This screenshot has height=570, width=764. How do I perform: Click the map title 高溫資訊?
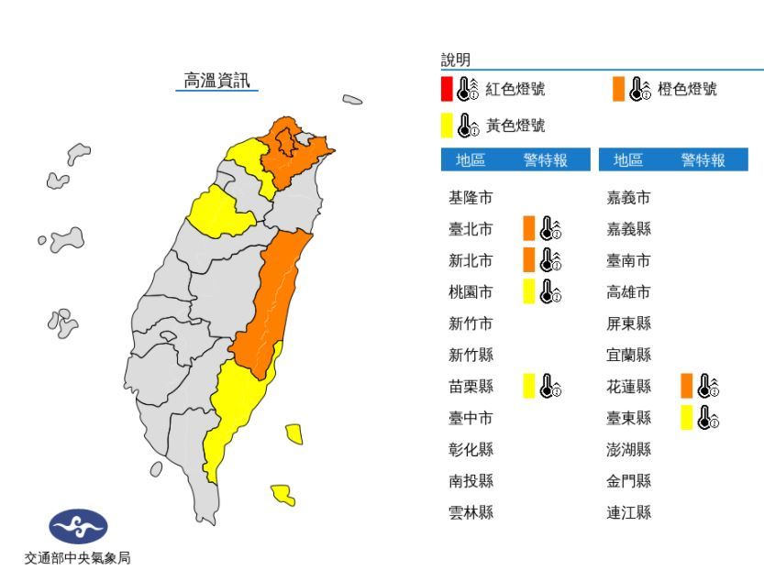coord(216,81)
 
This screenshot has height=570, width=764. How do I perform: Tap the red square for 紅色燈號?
coord(446,89)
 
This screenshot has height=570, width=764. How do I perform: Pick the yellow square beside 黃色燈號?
coord(446,125)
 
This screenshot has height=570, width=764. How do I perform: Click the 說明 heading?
coord(456,60)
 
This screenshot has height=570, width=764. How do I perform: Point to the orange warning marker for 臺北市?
coord(529,228)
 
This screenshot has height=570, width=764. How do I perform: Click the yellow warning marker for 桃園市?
coord(529,291)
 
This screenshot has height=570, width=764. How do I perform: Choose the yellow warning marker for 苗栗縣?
coord(529,386)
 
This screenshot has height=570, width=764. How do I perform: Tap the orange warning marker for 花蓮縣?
coord(687,386)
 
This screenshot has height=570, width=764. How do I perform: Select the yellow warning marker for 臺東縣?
coord(687,418)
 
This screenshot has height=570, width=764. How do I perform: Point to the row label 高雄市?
coord(629,291)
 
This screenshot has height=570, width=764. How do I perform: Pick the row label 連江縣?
coord(629,512)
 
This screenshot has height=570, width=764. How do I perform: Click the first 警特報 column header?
coord(545,160)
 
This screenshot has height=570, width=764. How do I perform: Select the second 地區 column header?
coord(628,160)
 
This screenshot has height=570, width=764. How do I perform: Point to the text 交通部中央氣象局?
coord(77,557)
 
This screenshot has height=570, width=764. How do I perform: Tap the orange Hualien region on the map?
coord(275,302)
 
